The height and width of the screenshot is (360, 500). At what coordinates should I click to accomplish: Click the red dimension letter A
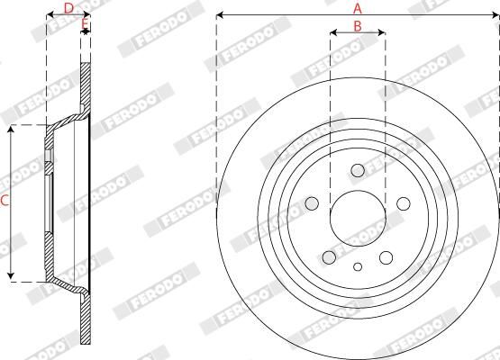pos(359,7)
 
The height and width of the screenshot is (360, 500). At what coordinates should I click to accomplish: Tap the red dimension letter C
pos(5,202)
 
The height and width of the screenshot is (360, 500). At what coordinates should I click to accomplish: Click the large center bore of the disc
pos(357,217)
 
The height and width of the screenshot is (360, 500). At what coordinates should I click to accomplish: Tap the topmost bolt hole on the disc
pos(357,170)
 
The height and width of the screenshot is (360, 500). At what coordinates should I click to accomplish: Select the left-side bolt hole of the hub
pos(314,202)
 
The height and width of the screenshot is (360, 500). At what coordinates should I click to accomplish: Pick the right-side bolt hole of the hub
pos(401,202)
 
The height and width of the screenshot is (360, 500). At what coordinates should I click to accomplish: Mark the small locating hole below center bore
pos(358,265)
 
